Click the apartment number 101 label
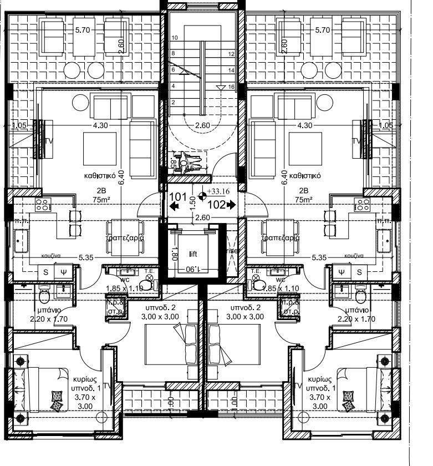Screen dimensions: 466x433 (x=177, y=196)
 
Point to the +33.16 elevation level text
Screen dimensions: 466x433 (x=216, y=193)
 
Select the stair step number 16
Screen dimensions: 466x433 (x=231, y=87)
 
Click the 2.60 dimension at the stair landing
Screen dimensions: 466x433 (x=203, y=126)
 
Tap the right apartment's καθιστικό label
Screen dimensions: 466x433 (x=306, y=174)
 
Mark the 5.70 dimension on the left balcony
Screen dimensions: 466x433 (x=82, y=31)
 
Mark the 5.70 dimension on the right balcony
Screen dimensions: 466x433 (x=322, y=31)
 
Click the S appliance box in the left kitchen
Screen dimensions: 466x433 (x=45, y=272)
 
